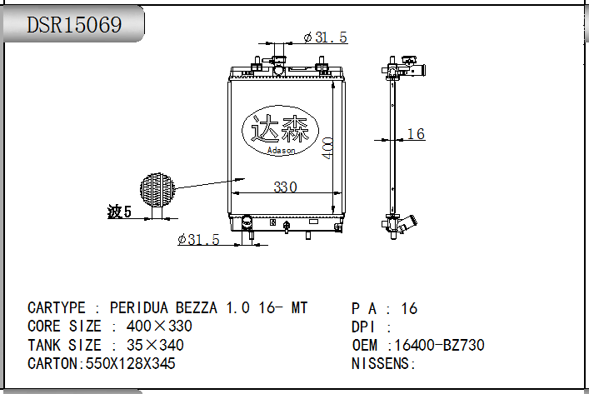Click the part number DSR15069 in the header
click(x=74, y=25)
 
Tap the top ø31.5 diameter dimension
click(x=325, y=37)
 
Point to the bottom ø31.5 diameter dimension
click(x=198, y=239)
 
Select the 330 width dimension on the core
click(x=285, y=187)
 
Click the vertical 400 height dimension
click(x=327, y=148)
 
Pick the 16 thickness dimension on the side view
click(x=416, y=134)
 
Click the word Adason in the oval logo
click(x=281, y=150)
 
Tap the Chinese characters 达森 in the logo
click(x=280, y=129)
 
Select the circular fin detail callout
click(x=157, y=190)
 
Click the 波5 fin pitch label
click(x=119, y=212)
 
